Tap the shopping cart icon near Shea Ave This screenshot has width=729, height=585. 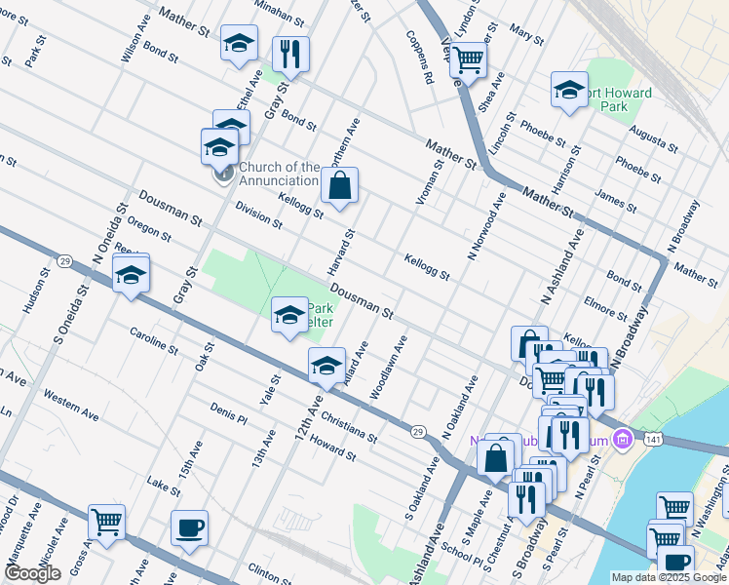point(468,60)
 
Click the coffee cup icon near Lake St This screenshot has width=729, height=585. point(189,527)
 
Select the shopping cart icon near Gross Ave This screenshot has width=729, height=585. point(105,522)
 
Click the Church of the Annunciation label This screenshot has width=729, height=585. point(279,174)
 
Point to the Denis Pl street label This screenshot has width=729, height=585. point(228,413)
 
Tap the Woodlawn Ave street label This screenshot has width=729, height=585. point(388,369)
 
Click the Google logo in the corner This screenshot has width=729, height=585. point(32,573)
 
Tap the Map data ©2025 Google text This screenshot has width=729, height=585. point(669,577)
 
